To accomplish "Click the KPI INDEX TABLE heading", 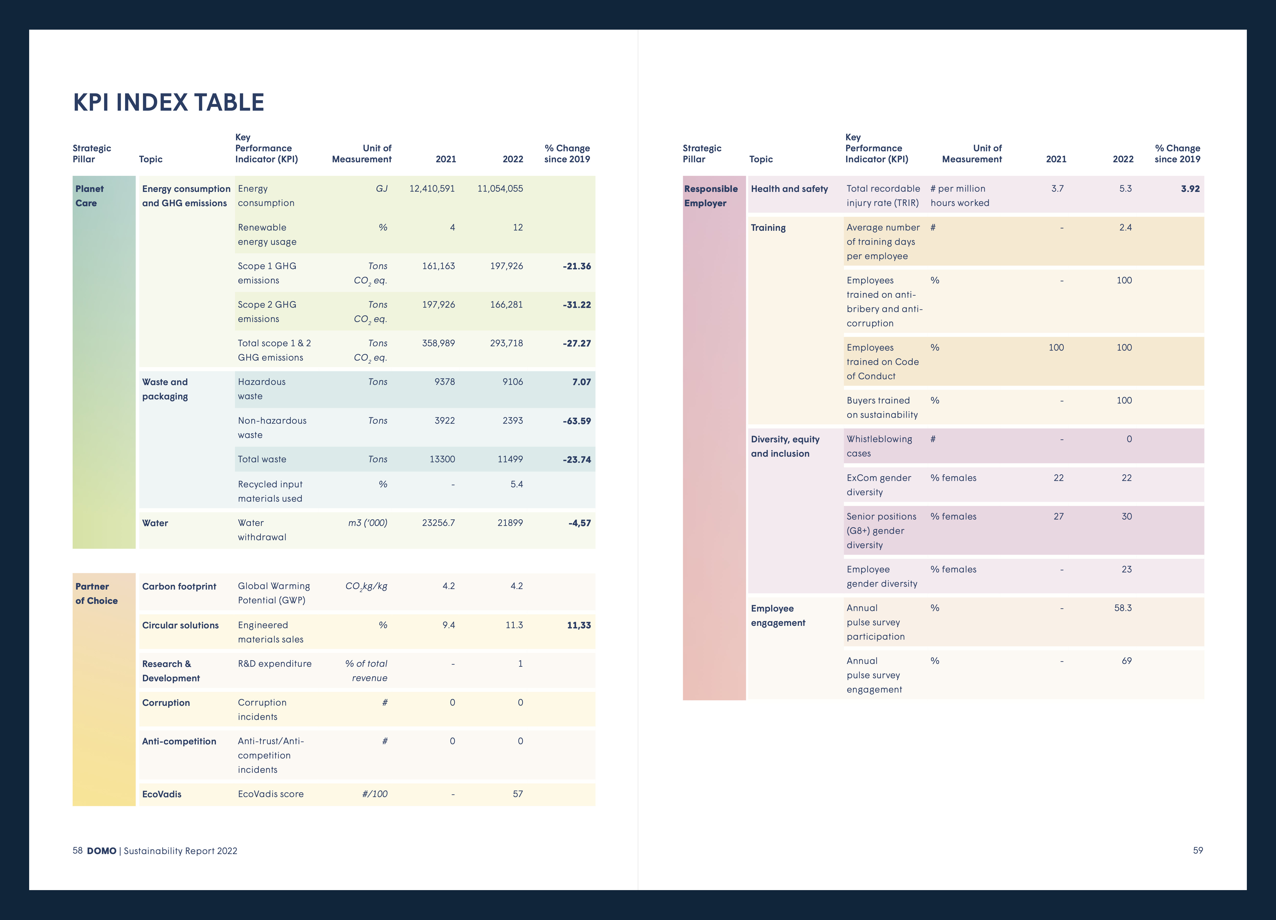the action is click(168, 102).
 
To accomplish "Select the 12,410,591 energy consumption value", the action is click(432, 188).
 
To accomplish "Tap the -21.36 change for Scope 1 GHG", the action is click(577, 266).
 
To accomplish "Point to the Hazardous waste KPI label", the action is click(262, 389).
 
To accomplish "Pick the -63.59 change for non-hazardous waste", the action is click(577, 421).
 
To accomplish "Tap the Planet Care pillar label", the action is click(89, 196).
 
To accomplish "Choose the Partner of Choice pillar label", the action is click(96, 593).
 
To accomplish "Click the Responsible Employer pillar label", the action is click(711, 196).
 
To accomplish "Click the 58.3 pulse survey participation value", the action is click(1123, 608).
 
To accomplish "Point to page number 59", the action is click(1198, 850).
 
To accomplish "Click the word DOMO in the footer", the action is click(101, 851).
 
